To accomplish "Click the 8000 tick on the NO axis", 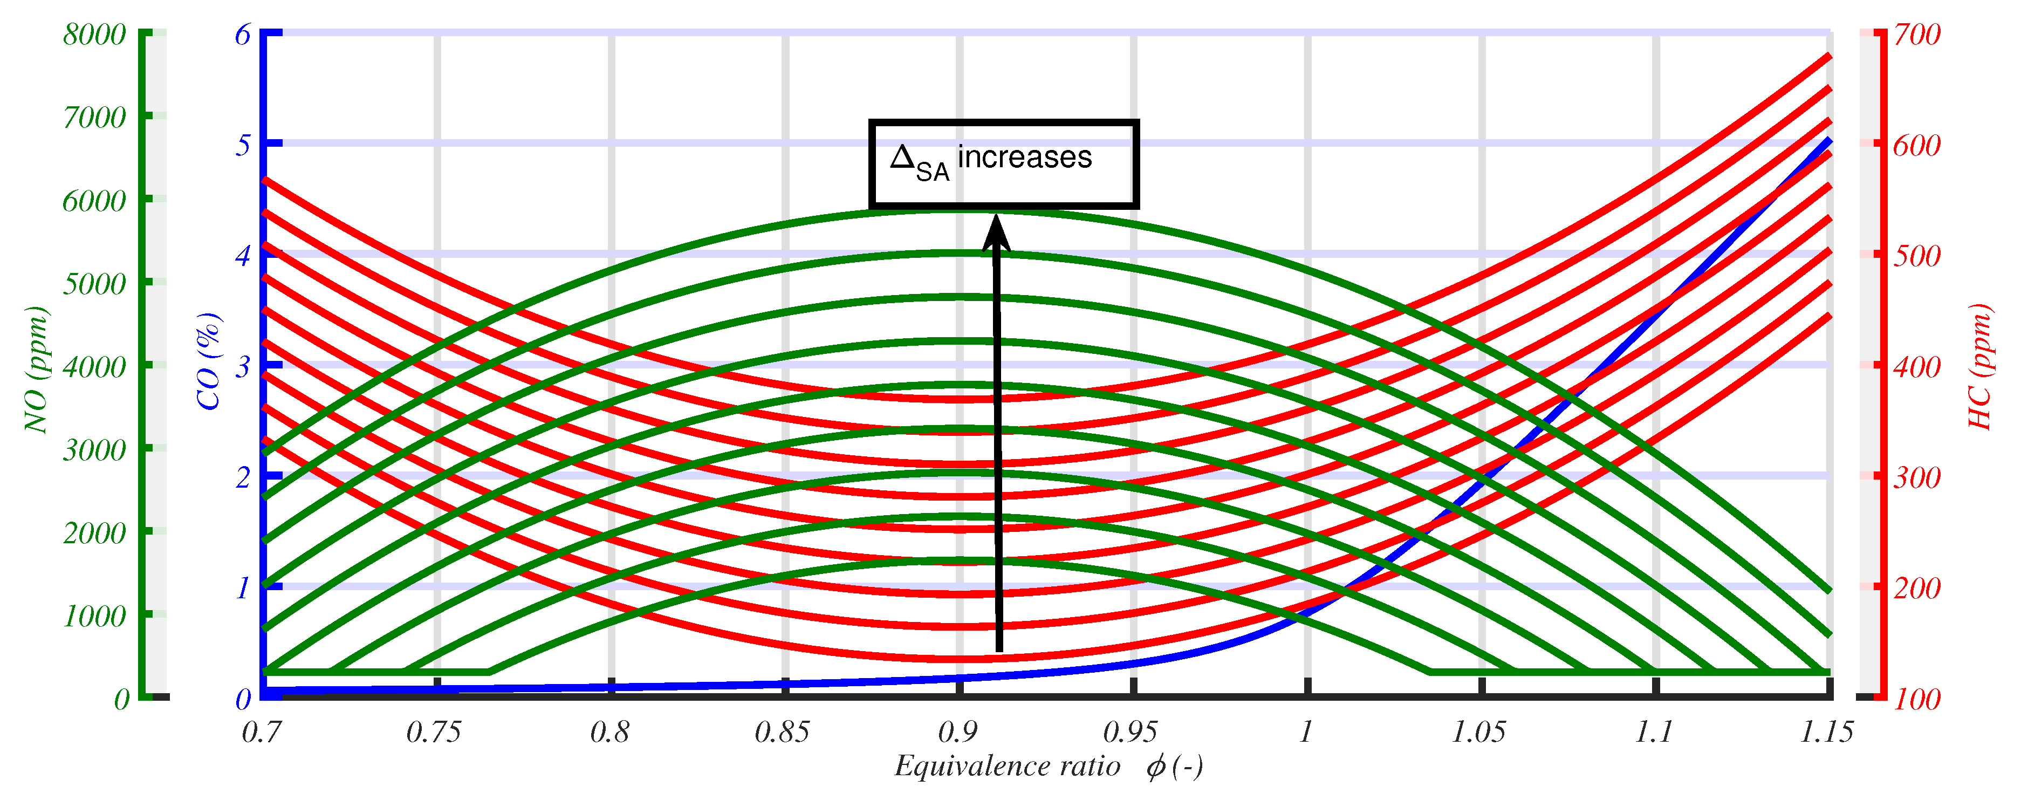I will click(x=94, y=35).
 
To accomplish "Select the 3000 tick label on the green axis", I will click(x=94, y=450).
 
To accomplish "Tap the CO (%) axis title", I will click(x=209, y=361).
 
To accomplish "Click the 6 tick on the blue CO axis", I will click(x=243, y=35).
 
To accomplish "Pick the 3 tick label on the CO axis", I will click(x=243, y=367).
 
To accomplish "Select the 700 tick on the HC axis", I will click(x=1917, y=35).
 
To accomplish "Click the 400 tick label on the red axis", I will click(x=1917, y=367).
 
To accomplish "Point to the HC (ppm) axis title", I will click(x=1979, y=366).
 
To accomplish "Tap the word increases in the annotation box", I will click(x=1024, y=158).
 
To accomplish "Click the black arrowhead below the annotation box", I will click(x=997, y=233).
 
